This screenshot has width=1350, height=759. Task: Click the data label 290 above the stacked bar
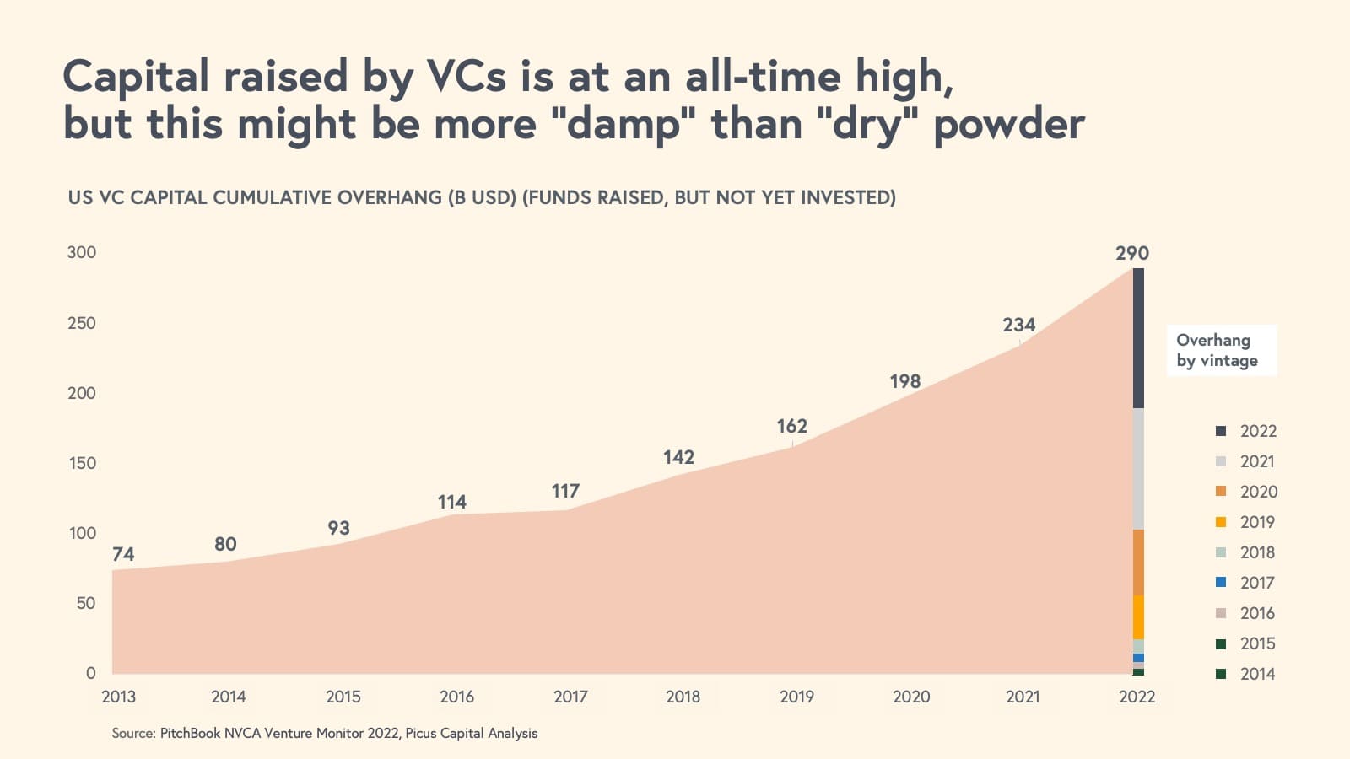pos(1131,253)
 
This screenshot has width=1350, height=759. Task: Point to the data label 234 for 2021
pos(1018,325)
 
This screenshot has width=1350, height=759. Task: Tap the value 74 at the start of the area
pos(123,554)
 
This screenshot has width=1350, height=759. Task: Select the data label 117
pos(565,491)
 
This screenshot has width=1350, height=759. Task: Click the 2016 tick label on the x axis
pos(456,697)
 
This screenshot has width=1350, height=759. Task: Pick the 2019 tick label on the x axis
pos(796,697)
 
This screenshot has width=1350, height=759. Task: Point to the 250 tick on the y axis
pos(82,323)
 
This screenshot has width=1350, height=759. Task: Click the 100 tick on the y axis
pos(82,533)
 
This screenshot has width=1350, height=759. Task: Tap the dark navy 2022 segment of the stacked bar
pos(1138,338)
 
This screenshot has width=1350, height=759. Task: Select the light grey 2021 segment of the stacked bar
pos(1138,469)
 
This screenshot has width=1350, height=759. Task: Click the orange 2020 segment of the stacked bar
pos(1138,563)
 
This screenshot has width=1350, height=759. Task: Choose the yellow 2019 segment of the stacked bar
pos(1138,617)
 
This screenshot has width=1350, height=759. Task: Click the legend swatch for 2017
pos(1221,583)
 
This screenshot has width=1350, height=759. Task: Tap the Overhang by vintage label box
pos(1221,350)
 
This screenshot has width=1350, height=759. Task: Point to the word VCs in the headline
pos(467,76)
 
